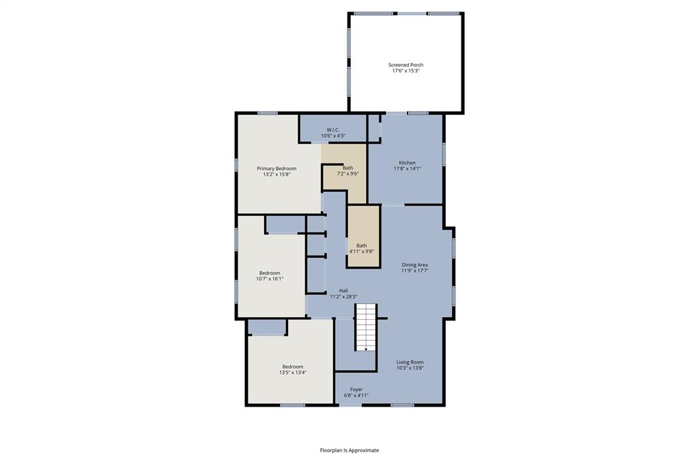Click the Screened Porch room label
click(405, 65)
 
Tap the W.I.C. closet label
click(333, 130)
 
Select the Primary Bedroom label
click(276, 168)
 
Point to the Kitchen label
click(407, 163)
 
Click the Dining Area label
click(414, 264)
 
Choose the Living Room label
click(410, 362)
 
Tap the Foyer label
click(356, 389)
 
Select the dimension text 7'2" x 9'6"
click(348, 174)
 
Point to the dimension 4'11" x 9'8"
click(361, 251)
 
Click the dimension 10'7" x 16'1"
click(269, 279)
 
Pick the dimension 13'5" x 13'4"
click(292, 372)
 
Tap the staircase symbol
click(366, 327)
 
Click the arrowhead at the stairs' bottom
click(367, 349)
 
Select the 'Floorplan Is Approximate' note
click(349, 450)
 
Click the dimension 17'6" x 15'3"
click(405, 70)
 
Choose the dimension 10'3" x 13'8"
click(410, 368)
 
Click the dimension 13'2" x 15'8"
click(276, 174)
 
